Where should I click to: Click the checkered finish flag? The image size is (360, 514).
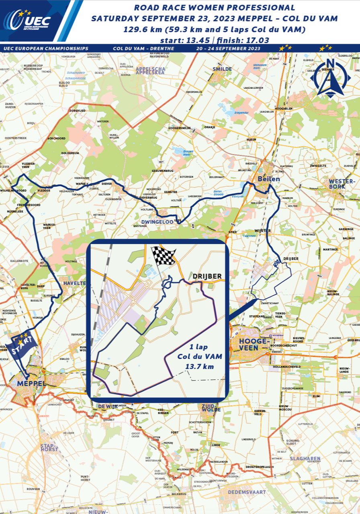click(x=163, y=256)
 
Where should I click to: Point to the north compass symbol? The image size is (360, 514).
click(x=330, y=79)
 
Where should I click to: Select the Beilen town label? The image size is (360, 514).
click(x=268, y=179)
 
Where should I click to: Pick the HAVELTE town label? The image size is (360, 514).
click(x=73, y=284)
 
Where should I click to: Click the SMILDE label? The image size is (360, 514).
click(x=222, y=69)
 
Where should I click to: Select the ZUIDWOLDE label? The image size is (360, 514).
click(x=211, y=407)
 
